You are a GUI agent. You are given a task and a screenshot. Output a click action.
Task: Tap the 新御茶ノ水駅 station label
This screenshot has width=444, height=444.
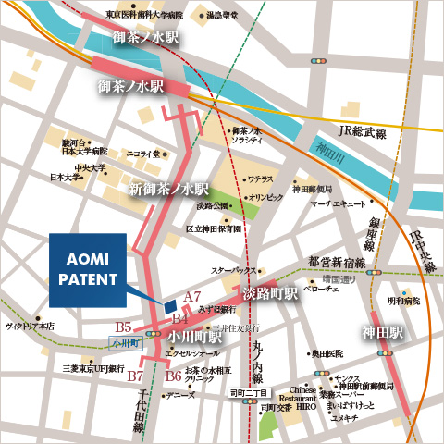click(169, 189)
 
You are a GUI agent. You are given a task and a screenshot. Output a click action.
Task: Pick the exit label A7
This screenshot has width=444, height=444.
click(192, 296)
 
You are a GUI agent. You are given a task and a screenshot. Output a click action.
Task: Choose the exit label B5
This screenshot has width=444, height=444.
click(124, 327)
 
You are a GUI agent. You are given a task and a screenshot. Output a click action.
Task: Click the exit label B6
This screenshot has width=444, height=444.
click(173, 376)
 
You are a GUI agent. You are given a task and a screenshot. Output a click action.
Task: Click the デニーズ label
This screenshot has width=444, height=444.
click(181, 395)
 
